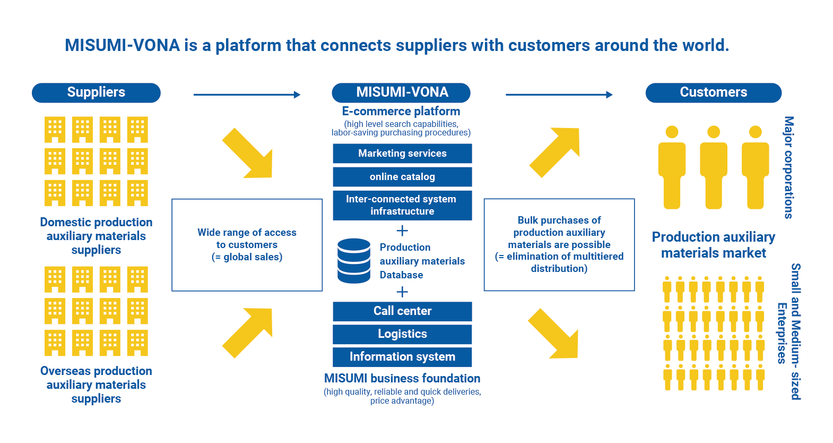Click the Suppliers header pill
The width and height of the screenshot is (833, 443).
[96, 92]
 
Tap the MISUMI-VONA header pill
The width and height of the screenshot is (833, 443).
[402, 92]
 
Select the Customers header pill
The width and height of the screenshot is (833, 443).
[713, 92]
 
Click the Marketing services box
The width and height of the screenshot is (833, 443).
[402, 154]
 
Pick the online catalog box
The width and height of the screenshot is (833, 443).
[402, 177]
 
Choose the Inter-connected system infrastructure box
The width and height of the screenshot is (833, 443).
[402, 205]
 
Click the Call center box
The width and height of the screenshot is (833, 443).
[402, 311]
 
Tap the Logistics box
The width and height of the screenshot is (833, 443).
[402, 334]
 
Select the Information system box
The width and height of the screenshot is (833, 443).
[402, 357]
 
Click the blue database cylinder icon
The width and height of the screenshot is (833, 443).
[354, 261]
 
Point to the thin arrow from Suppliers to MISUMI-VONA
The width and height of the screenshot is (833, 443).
[247, 95]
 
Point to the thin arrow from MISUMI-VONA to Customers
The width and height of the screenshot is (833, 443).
[559, 95]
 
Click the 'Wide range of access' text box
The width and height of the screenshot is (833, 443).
[247, 245]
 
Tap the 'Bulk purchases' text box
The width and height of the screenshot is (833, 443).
[559, 245]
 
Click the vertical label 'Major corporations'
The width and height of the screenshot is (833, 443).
[789, 167]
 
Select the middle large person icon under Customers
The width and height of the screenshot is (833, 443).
[714, 167]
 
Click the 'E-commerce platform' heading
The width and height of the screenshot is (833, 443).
[401, 112]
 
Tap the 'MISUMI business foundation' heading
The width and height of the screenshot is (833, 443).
[402, 379]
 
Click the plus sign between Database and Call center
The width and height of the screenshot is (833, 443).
[402, 292]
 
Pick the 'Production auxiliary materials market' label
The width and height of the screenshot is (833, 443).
[713, 245]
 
